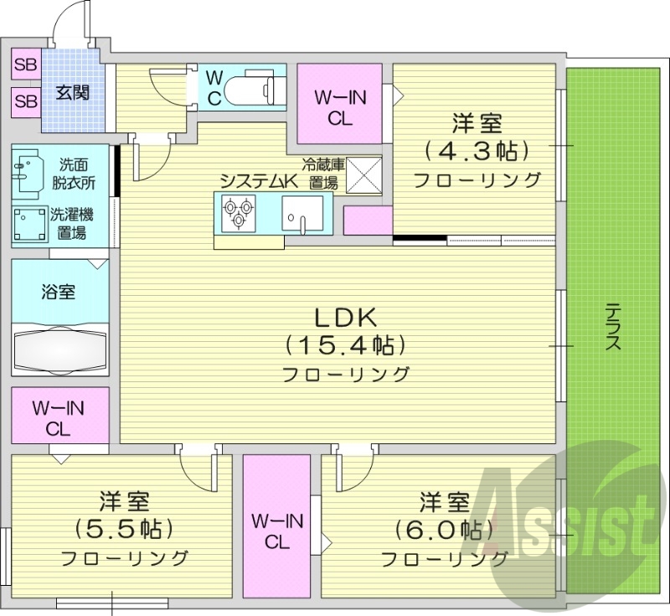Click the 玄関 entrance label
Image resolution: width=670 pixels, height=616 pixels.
(74, 93)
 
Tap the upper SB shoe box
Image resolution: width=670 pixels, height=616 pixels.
(26, 64)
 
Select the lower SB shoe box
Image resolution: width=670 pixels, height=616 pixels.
(26, 102)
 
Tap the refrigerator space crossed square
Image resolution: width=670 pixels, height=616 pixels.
(364, 174)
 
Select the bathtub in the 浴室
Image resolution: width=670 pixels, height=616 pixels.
(60, 349)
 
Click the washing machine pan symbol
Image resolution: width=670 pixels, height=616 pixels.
(29, 224)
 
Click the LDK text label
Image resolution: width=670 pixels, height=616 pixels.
(347, 317)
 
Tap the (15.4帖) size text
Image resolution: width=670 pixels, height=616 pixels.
(346, 345)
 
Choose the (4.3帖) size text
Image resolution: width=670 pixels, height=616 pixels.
(477, 152)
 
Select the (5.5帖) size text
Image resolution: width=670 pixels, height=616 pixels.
(124, 529)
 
